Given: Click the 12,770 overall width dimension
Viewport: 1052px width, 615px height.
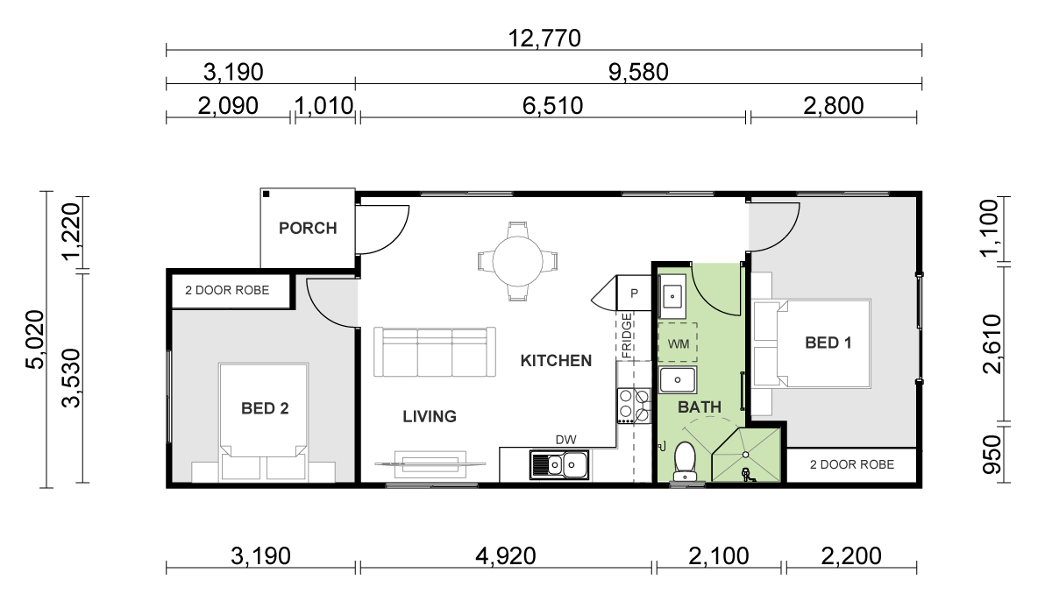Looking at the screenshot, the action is tap(544, 39).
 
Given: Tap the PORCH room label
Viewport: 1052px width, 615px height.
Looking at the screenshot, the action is tap(308, 228).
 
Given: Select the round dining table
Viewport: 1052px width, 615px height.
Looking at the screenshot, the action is tap(518, 261).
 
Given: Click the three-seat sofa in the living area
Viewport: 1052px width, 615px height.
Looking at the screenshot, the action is tap(435, 352).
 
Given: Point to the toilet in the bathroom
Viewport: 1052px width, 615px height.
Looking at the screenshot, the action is tap(685, 461).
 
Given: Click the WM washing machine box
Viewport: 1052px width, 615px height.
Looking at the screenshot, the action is tap(678, 343).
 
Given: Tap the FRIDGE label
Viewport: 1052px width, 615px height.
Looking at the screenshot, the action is tap(627, 336).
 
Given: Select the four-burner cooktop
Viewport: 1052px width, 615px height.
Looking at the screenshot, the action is tap(634, 406).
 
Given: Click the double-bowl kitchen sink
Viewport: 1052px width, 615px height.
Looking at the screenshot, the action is tap(559, 465).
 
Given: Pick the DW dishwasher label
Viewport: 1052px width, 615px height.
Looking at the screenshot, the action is tap(566, 440).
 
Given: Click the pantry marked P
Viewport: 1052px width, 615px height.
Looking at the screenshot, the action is tap(634, 293).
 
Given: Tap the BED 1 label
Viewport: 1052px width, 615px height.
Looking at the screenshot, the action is tap(828, 343).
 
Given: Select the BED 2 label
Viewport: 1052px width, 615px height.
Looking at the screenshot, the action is tap(265, 408).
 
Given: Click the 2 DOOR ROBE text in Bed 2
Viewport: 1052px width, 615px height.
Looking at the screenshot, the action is tap(227, 291).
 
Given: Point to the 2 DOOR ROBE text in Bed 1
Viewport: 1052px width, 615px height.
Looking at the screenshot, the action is tap(852, 465).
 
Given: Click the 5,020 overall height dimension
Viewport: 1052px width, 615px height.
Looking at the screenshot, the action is tap(35, 339).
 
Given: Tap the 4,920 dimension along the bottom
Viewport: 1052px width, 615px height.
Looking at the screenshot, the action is tap(506, 556).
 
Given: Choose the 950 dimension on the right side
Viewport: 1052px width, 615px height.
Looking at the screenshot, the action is tap(992, 455).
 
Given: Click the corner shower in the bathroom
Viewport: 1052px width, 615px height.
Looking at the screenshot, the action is tap(746, 455).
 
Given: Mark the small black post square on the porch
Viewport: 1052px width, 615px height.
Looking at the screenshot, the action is tap(267, 194).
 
